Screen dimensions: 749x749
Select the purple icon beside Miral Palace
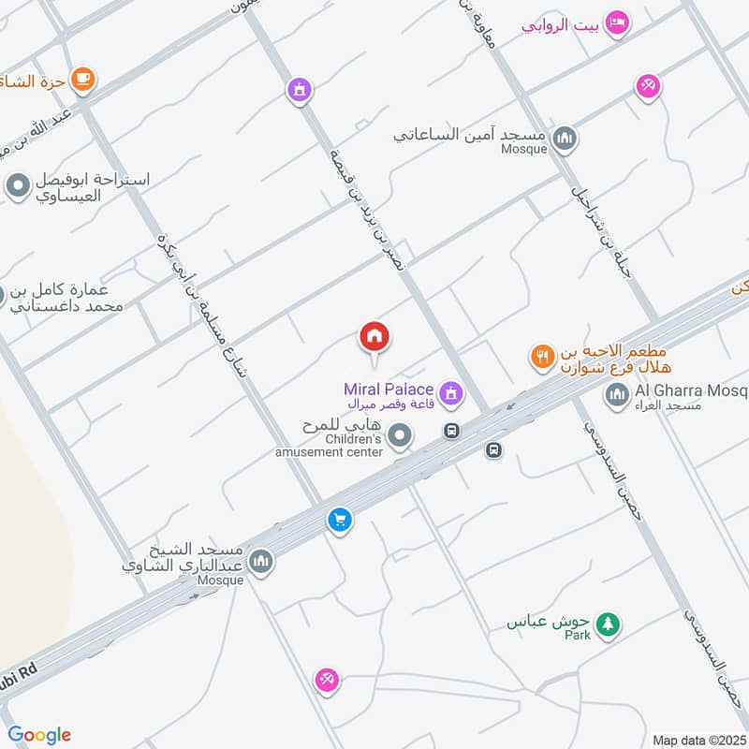point(450,394)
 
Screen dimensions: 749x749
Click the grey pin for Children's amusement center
point(401,435)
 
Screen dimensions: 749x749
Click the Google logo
point(39,735)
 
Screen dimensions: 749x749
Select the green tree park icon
point(609,624)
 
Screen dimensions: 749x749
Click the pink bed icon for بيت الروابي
point(616,22)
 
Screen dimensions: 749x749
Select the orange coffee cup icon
point(82,80)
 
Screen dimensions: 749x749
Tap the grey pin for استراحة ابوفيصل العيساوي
point(17,186)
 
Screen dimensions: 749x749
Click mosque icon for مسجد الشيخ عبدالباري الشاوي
point(261,561)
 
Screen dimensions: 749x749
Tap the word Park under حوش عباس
point(578,636)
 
